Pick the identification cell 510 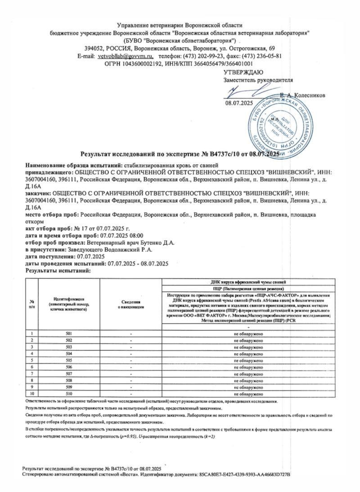69,394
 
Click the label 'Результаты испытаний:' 58,271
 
